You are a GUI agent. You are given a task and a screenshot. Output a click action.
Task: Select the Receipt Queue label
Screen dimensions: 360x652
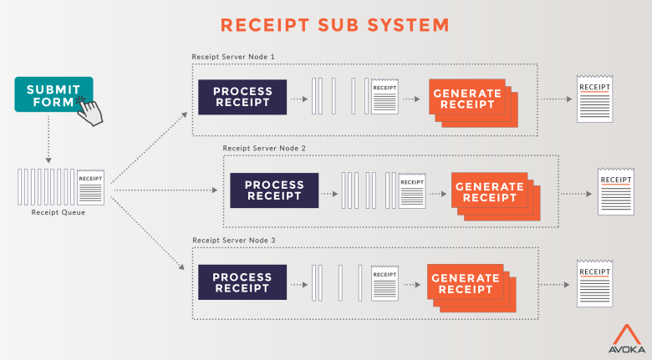[58, 212]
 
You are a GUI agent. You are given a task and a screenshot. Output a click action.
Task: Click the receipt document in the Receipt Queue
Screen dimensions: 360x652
[90, 187]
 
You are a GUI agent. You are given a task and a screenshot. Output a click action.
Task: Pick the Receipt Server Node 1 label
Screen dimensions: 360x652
[233, 57]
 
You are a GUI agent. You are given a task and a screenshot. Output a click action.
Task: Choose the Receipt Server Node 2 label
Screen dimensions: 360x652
[264, 148]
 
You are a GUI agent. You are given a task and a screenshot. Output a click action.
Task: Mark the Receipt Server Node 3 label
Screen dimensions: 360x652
[233, 240]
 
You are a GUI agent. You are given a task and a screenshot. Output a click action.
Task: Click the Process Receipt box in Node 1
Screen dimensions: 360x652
[242, 97]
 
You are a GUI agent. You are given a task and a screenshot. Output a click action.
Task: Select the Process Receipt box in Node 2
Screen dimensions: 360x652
[274, 190]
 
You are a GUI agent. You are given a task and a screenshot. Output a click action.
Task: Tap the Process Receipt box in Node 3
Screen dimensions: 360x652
[242, 281]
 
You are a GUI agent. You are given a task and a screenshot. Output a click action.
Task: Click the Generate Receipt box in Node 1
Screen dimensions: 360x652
[465, 99]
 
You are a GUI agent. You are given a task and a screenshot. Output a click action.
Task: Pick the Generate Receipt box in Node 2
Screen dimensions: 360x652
[488, 191]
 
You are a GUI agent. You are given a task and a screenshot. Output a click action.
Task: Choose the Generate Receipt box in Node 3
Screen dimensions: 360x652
[465, 283]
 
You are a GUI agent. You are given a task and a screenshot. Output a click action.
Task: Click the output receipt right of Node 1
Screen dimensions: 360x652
[594, 99]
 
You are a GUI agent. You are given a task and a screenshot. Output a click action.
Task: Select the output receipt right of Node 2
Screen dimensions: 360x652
[615, 191]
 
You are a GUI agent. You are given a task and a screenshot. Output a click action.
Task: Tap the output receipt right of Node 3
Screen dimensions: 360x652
[594, 283]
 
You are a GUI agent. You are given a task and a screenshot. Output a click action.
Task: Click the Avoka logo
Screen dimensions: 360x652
[625, 338]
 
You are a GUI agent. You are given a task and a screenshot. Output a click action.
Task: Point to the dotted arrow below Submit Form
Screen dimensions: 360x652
[48, 138]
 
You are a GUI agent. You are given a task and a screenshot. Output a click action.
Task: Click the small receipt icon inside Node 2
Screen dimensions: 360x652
[411, 191]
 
